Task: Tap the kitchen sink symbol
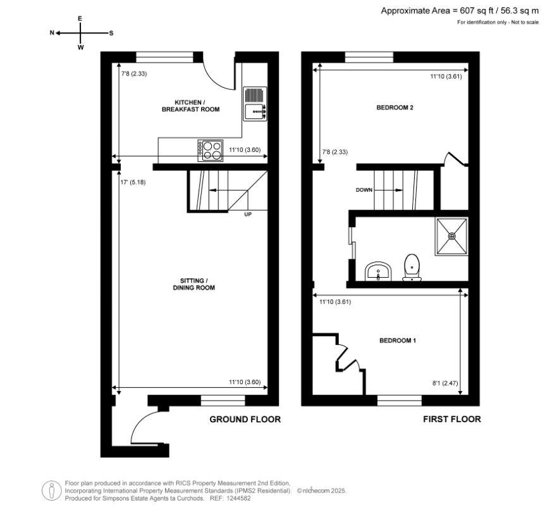[x=255, y=104]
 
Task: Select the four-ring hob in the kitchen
[x=211, y=149]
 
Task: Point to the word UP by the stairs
[x=248, y=215]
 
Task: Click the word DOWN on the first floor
[x=364, y=190]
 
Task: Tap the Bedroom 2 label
[x=395, y=108]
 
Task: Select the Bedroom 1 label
[x=397, y=340]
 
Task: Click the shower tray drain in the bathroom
[x=452, y=235]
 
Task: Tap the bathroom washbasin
[x=379, y=272]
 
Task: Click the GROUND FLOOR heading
[x=245, y=419]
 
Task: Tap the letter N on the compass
[x=52, y=33]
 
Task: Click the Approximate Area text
[x=460, y=11]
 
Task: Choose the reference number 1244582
[x=238, y=499]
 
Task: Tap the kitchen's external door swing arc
[x=216, y=78]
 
